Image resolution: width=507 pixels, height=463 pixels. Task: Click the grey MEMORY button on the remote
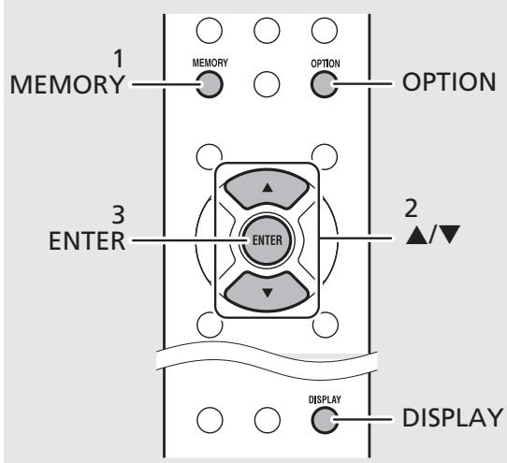(210, 84)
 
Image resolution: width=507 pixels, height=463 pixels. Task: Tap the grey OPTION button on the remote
(325, 84)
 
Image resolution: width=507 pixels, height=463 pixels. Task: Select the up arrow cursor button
(267, 189)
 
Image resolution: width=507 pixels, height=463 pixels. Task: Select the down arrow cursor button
(267, 292)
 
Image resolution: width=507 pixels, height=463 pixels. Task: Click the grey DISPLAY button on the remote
(325, 420)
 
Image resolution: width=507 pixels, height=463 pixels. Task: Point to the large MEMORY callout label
(67, 85)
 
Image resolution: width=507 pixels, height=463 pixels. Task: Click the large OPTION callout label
(449, 81)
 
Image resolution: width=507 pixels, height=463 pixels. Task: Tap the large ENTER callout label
(87, 241)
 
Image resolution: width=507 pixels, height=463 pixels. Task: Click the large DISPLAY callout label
(453, 417)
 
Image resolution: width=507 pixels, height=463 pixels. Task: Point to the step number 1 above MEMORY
(119, 59)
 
